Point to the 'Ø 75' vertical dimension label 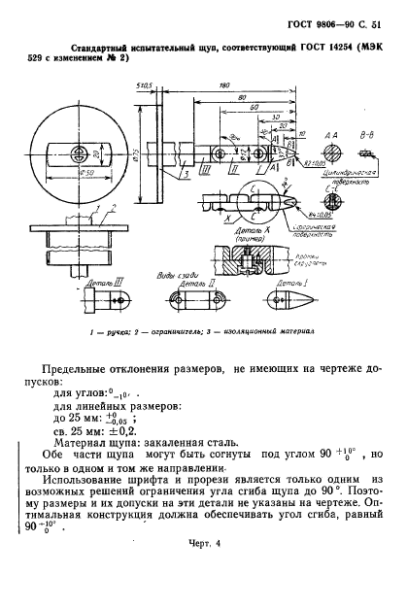(x=137, y=157)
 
